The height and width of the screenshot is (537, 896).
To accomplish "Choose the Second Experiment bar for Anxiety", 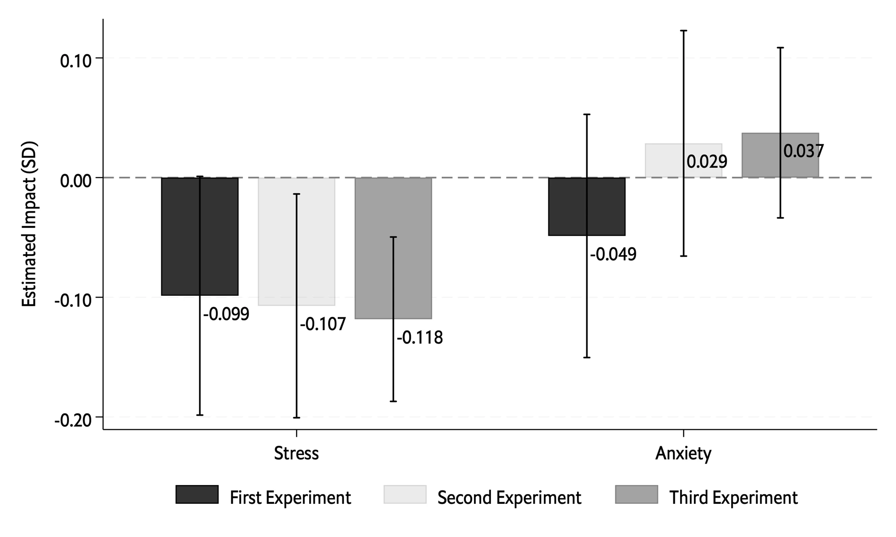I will (663, 160).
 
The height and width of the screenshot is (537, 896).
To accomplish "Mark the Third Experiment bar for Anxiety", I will (762, 155).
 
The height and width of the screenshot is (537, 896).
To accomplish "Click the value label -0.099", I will (226, 315).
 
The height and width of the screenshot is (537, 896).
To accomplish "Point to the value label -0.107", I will (323, 324).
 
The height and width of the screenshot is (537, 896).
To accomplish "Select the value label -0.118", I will (420, 338).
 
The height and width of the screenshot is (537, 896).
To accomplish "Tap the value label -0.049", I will (613, 255).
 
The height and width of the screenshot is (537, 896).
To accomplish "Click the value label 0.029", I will (707, 162).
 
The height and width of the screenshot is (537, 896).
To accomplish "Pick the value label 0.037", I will (804, 151).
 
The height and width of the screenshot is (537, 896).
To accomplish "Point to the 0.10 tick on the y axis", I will (76, 61).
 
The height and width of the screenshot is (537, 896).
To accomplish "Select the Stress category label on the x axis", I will (297, 453).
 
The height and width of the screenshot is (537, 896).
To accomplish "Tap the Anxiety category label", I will (683, 453).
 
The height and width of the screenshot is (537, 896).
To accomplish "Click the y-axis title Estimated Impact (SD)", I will (30, 225).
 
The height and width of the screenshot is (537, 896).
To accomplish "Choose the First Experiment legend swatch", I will (197, 494).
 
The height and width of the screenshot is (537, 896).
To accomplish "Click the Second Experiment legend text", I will (509, 498).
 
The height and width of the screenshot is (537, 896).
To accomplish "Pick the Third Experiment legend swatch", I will (637, 494).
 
